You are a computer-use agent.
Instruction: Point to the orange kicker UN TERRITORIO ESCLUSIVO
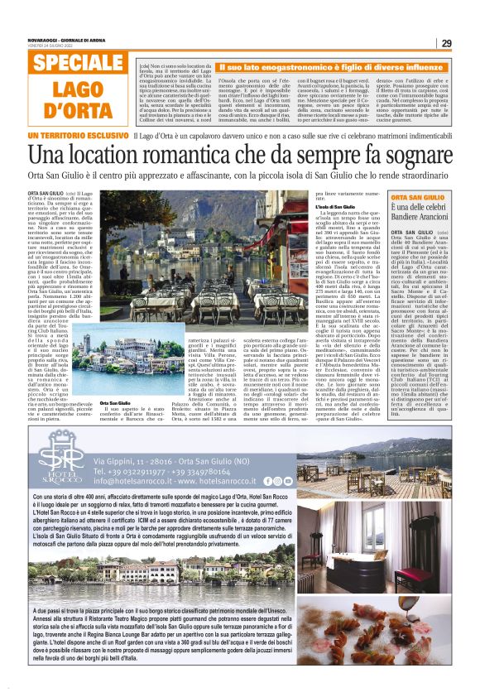tap(78, 135)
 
